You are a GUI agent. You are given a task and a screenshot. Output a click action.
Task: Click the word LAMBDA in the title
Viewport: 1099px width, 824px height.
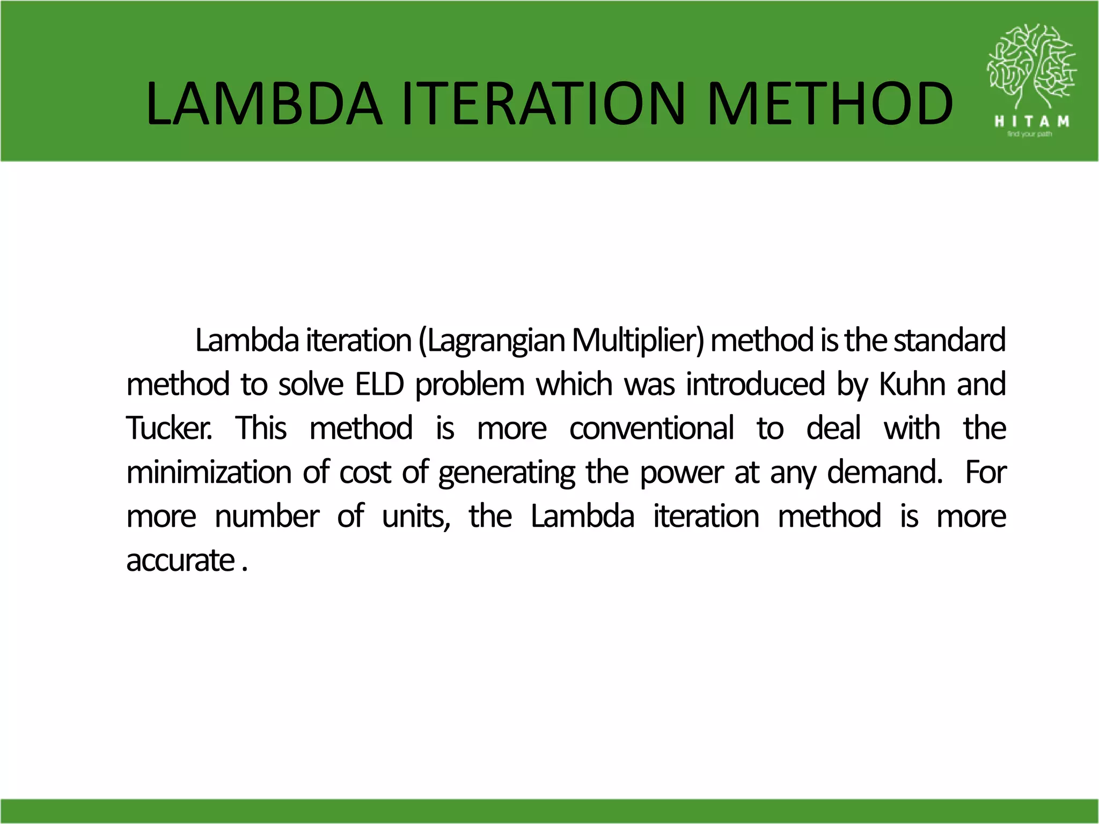point(264,104)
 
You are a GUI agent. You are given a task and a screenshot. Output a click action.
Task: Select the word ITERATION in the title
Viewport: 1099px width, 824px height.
point(544,104)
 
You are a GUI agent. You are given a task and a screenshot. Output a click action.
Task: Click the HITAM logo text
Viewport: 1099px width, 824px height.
point(1031,121)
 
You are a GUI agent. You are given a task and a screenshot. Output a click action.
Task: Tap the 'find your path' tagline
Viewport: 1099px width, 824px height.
point(1029,134)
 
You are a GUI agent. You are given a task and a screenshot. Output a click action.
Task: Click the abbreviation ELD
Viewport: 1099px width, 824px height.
point(379,384)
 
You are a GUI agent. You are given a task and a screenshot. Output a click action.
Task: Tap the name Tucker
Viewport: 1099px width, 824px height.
point(168,428)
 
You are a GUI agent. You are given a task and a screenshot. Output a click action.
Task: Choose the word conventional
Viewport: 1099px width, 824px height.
point(651,428)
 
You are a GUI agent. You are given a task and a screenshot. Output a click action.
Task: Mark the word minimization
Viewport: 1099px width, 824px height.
point(209,472)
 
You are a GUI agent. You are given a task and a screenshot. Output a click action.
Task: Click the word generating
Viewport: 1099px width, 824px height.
point(507,473)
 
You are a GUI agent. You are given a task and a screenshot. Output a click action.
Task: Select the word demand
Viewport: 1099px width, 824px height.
point(884,472)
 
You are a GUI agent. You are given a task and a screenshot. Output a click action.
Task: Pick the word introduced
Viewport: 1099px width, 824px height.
point(756,384)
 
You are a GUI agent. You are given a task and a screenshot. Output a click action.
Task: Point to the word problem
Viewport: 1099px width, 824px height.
point(470,385)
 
